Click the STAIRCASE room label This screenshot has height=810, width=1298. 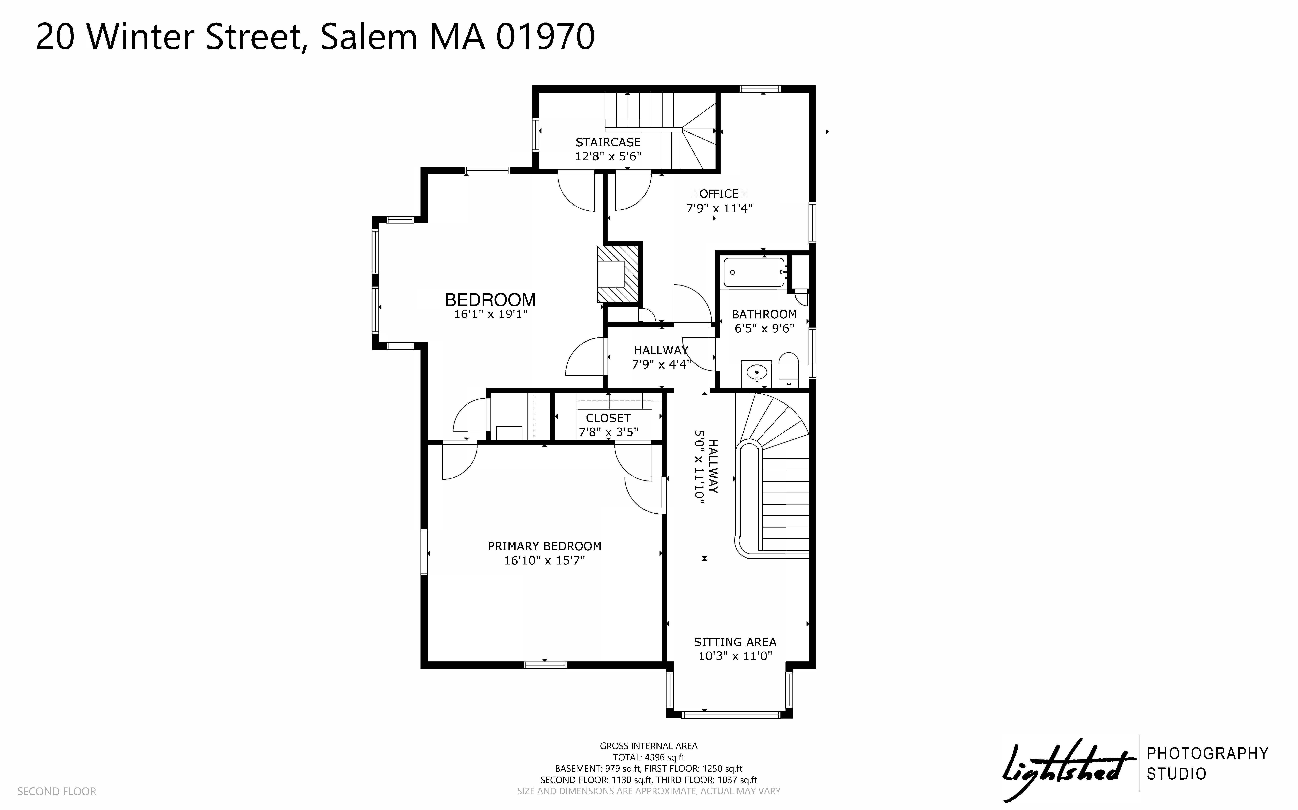608,143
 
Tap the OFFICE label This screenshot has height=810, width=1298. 719,194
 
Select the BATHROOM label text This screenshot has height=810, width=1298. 764,314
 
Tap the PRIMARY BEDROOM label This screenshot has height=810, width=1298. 544,546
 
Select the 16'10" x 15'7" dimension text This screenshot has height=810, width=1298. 544,560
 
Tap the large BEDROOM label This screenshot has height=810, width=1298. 490,300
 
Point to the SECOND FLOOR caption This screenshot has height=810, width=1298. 57,791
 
